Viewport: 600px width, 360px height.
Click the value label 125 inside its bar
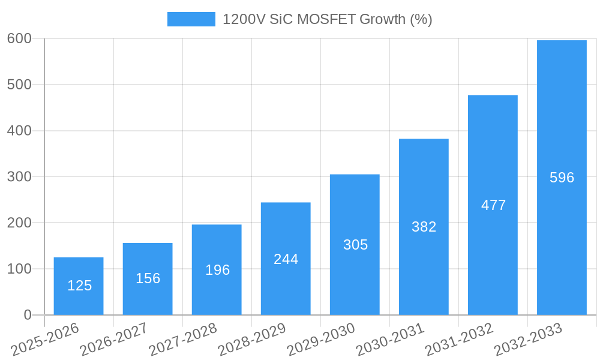(79, 286)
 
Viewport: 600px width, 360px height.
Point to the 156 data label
(148, 278)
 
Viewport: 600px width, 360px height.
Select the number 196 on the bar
(217, 270)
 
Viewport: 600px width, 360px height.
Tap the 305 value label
(355, 245)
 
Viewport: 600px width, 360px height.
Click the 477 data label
(493, 205)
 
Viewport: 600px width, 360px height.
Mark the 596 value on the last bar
(562, 178)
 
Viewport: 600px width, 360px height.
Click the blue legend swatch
(191, 19)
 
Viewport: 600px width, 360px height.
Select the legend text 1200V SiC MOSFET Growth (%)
(327, 19)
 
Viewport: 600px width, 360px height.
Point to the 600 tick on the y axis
(19, 38)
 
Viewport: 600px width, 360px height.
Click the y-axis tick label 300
(19, 176)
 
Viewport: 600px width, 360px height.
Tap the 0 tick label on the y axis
(28, 315)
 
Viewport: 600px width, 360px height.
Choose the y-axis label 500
(19, 85)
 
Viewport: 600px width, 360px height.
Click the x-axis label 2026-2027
(114, 340)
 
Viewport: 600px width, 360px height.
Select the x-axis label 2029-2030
(322, 340)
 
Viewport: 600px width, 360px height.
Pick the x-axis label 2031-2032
(460, 340)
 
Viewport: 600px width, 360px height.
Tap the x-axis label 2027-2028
(183, 340)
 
